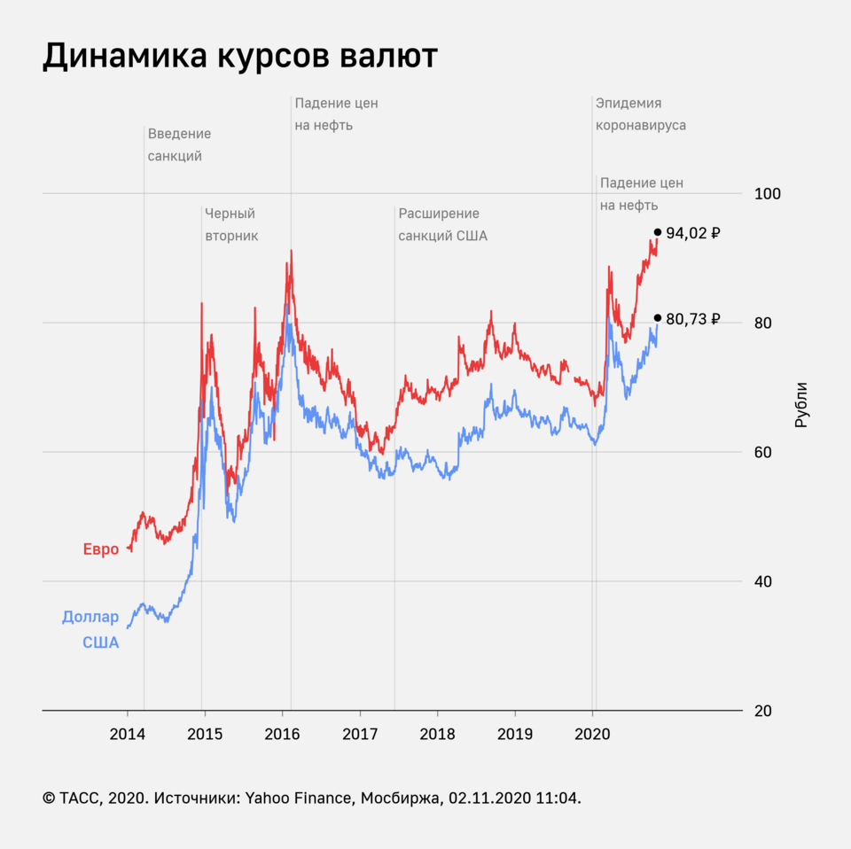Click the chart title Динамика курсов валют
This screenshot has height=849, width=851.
click(x=239, y=56)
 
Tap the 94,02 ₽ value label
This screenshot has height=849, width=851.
click(x=692, y=234)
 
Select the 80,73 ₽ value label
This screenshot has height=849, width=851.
click(x=692, y=319)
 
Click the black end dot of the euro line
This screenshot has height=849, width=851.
click(x=658, y=232)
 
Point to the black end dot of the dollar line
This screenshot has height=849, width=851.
click(x=658, y=317)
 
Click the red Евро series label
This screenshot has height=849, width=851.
click(x=101, y=549)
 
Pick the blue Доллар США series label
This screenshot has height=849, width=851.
click(x=90, y=630)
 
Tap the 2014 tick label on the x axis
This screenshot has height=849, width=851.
click(x=128, y=734)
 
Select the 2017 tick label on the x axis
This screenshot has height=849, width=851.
click(x=361, y=734)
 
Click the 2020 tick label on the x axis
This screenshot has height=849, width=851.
click(x=593, y=734)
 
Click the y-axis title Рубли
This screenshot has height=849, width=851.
click(x=801, y=405)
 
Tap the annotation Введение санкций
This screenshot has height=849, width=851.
click(x=179, y=144)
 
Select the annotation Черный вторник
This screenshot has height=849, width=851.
click(x=230, y=224)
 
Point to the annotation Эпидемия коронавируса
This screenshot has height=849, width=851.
click(x=640, y=114)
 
